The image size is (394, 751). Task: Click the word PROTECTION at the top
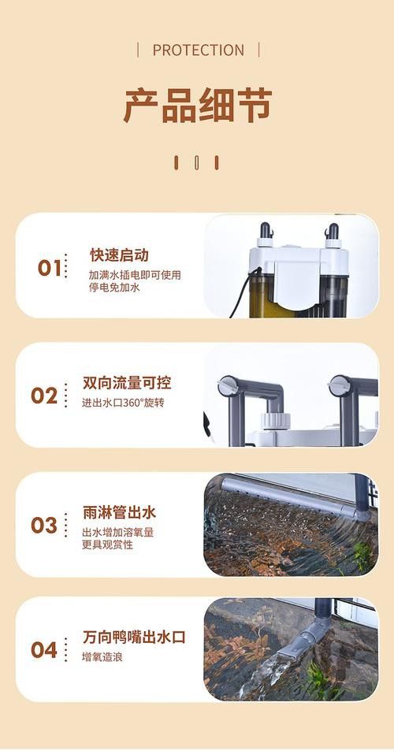click(198, 50)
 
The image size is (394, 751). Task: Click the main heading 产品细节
click(197, 106)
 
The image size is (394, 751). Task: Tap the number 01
click(49, 268)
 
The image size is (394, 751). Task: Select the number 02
click(44, 396)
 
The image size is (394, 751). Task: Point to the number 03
click(44, 525)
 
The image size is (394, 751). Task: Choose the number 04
click(44, 650)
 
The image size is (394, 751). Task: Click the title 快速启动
click(118, 255)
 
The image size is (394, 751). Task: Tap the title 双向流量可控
click(126, 383)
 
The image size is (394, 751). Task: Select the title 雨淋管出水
click(119, 512)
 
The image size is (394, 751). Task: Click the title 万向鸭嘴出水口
click(134, 637)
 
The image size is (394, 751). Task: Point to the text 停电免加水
click(114, 288)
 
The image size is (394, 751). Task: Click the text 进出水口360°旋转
click(123, 403)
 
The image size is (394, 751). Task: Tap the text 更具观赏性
click(107, 545)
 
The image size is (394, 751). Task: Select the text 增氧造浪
click(102, 657)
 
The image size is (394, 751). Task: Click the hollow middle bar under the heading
click(196, 162)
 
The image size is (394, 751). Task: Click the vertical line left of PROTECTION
click(138, 50)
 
